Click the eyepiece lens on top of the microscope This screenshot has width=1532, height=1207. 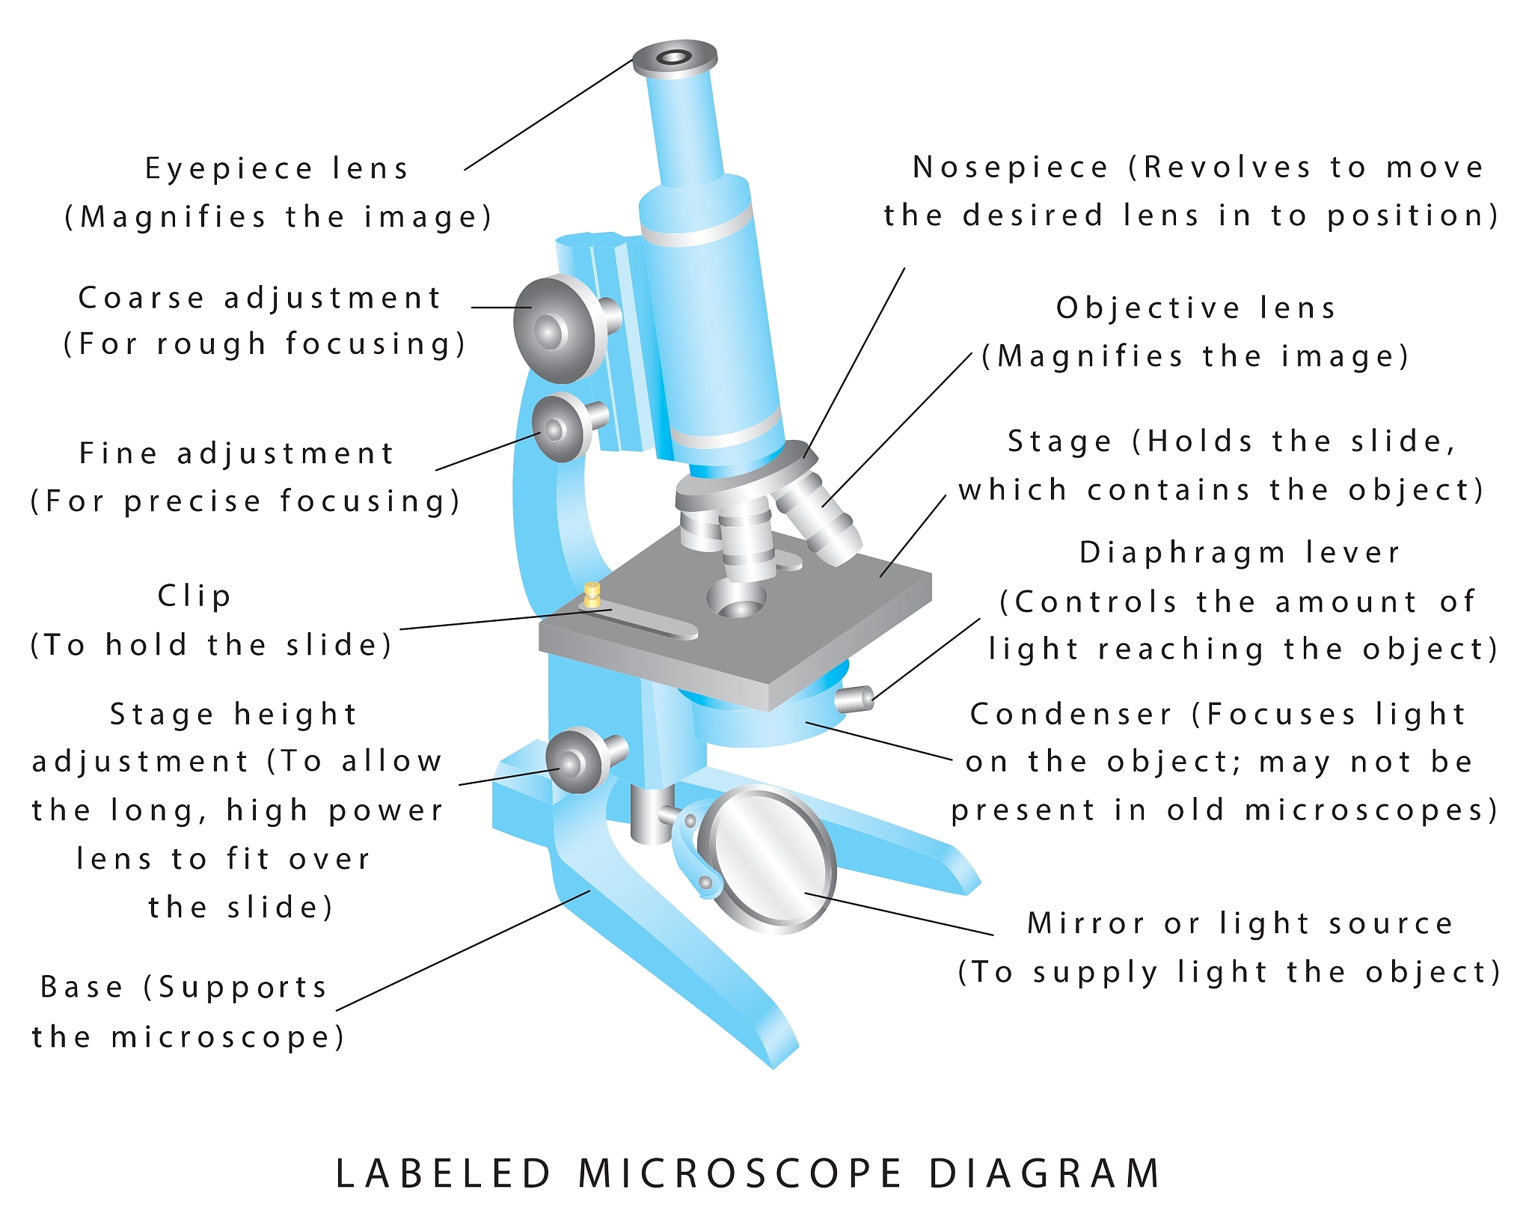[675, 58]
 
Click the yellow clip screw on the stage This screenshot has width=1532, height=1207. [592, 594]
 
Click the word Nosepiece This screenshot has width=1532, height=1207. [1010, 168]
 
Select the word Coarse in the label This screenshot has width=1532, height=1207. [141, 298]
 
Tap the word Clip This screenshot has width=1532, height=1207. [194, 596]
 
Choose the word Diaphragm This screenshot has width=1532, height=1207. [1183, 554]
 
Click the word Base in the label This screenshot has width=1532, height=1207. [82, 987]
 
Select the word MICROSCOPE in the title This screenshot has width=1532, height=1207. [741, 1173]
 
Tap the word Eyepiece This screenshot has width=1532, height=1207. [229, 169]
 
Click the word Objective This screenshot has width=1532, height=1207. [1148, 308]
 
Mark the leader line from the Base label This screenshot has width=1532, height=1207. [464, 950]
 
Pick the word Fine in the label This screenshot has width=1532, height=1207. [118, 453]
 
